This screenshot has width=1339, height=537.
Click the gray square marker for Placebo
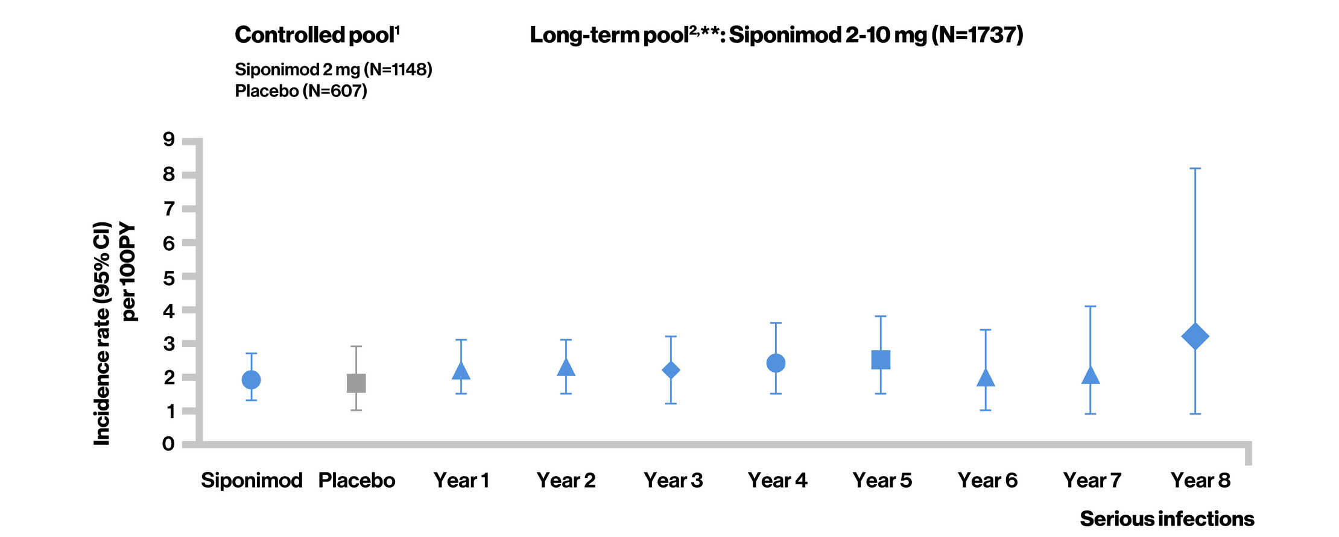356,383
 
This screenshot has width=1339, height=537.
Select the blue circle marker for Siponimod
251,379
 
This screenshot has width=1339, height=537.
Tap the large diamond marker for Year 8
1195,336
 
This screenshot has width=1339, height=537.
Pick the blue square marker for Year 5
881,360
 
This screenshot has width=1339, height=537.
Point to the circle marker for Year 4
776,363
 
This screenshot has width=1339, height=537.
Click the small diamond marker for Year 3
671,369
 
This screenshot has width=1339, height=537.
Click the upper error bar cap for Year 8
1195,169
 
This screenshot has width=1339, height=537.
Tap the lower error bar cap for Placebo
356,410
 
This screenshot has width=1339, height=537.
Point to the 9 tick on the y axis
188,141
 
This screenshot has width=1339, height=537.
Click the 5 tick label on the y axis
168,278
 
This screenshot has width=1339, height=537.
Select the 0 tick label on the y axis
168,444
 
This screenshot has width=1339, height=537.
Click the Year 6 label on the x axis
987,480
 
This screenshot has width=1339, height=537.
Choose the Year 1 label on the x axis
461,480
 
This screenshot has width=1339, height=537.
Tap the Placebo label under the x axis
356,480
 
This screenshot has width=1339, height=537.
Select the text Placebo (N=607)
301,91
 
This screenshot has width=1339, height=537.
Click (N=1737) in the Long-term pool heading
977,35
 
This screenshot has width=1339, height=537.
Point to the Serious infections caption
1166,518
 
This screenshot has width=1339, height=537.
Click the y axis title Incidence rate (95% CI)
102,333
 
